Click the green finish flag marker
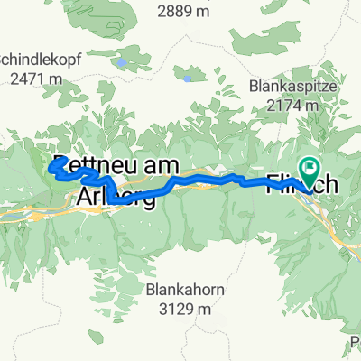click(311, 167)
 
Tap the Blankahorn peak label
click(187, 291)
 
